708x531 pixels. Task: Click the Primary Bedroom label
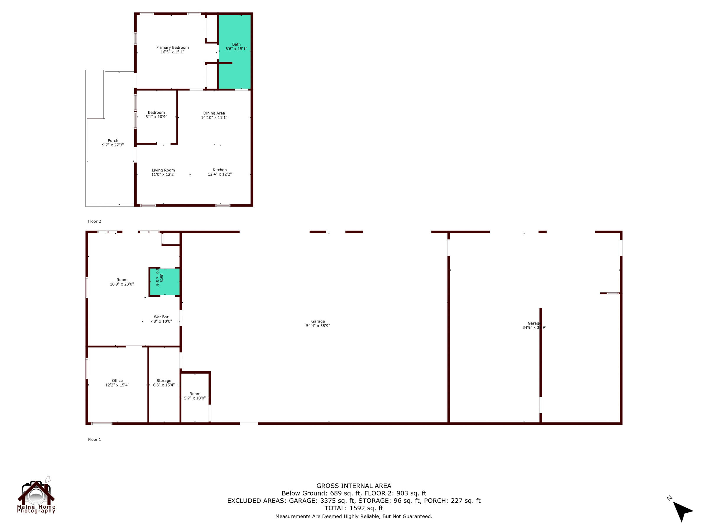click(x=172, y=48)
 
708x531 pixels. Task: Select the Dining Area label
click(x=214, y=113)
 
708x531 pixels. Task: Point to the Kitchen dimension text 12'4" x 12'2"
click(x=219, y=174)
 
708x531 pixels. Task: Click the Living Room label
click(x=163, y=170)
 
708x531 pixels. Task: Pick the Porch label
click(x=113, y=140)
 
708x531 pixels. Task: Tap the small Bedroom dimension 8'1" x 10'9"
click(x=156, y=117)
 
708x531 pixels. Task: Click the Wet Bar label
click(x=161, y=317)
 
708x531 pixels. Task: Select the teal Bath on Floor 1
click(x=165, y=282)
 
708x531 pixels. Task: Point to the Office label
click(x=117, y=381)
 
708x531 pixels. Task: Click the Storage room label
click(x=164, y=381)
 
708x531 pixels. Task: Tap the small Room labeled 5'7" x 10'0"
click(x=195, y=396)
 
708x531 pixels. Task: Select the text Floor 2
click(x=94, y=222)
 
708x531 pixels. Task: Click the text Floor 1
click(x=94, y=440)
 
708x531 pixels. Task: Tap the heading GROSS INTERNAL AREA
click(x=354, y=486)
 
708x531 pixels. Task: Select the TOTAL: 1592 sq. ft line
click(x=354, y=508)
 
